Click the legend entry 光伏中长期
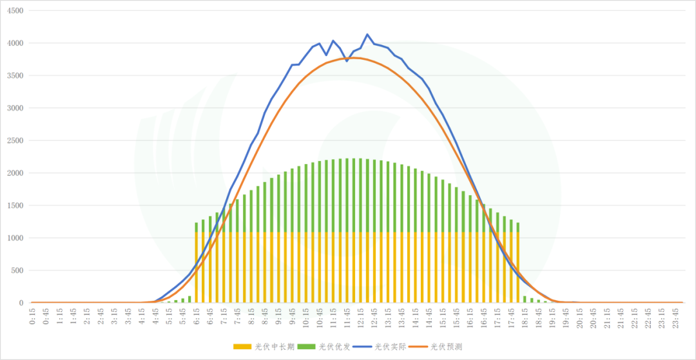coord(264,346)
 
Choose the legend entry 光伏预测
coord(445,346)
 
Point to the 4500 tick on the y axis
coord(14,11)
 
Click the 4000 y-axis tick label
coord(14,43)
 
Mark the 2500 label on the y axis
coord(14,140)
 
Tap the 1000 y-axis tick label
coord(14,238)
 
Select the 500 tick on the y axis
coord(15,270)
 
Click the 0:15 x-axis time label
coord(33,316)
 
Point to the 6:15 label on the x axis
coord(197,316)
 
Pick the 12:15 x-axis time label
coord(361,316)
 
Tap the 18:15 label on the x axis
coord(525,316)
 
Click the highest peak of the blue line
coord(367,35)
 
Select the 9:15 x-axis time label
coord(279,316)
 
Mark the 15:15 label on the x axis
coord(443,316)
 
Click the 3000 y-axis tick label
coord(14,108)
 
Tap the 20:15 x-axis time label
coord(580,316)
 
